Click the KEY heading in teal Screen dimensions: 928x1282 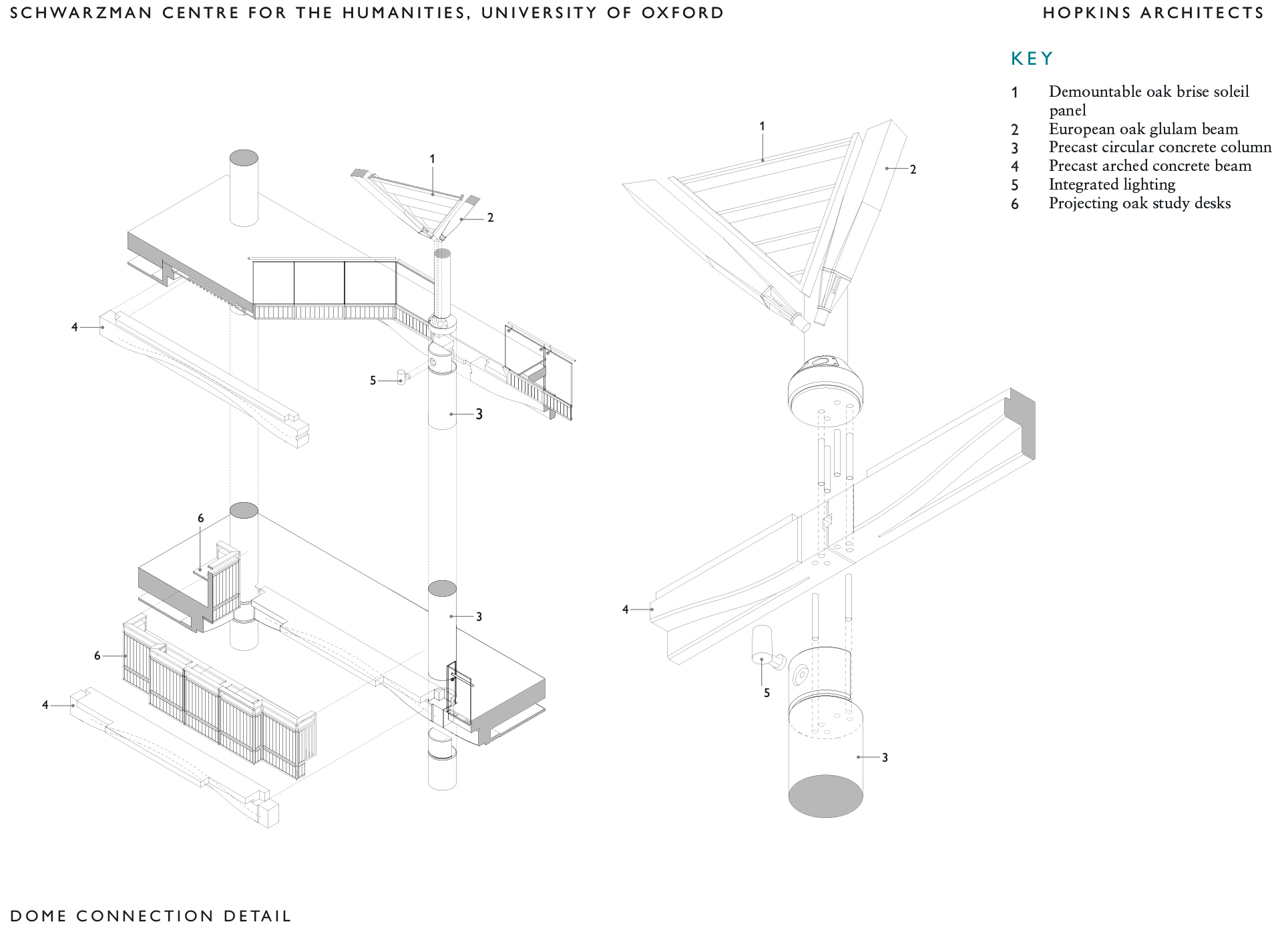(1032, 59)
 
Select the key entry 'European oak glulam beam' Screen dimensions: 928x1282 (1143, 129)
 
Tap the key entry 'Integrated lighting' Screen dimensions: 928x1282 (1112, 185)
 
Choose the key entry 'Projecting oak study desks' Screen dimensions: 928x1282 (1139, 204)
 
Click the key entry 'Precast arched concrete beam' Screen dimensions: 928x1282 (1150, 166)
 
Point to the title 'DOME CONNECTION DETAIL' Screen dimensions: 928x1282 (151, 916)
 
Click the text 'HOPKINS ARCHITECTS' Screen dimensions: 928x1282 (1153, 13)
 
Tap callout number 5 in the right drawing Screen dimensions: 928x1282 (767, 693)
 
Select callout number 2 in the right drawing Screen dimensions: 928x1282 (913, 170)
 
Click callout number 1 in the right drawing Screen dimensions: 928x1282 (762, 126)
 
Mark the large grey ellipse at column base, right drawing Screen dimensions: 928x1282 (825, 796)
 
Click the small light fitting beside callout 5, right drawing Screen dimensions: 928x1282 (762, 644)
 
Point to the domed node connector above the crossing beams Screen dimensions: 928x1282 (825, 387)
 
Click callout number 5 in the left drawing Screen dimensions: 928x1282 (373, 381)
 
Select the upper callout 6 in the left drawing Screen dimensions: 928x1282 (200, 518)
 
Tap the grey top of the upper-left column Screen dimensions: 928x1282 (244, 158)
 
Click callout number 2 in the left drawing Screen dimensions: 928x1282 (490, 218)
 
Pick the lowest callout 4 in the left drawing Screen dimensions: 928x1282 (45, 705)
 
